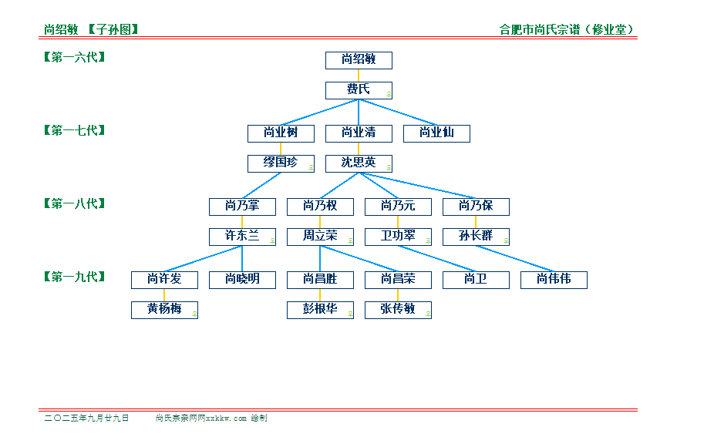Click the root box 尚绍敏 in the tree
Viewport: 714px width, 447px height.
(359, 60)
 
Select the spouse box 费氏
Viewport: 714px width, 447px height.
(359, 90)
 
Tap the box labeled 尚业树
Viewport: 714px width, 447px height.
(281, 133)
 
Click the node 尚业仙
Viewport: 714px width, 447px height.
(436, 133)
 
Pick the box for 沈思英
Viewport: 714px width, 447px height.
(359, 163)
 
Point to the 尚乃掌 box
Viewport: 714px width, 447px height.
(242, 207)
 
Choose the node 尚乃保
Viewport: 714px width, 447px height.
(476, 207)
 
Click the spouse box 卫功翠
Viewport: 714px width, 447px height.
(398, 237)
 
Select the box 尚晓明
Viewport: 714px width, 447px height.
(242, 280)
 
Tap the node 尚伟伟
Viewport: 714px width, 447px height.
(554, 280)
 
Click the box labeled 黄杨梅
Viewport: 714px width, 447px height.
(164, 310)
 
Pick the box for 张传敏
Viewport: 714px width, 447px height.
(398, 310)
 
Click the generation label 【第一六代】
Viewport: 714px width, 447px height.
(75, 57)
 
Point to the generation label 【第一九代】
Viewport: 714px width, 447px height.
(75, 277)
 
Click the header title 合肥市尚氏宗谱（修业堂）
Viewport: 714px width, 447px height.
(567, 29)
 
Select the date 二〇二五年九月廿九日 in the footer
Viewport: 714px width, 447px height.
(86, 418)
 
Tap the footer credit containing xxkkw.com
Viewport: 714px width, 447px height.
(211, 418)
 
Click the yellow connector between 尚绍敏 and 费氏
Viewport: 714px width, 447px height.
(359, 76)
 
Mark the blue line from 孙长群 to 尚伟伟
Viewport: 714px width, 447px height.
(514, 258)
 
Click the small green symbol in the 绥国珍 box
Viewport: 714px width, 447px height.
(311, 167)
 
